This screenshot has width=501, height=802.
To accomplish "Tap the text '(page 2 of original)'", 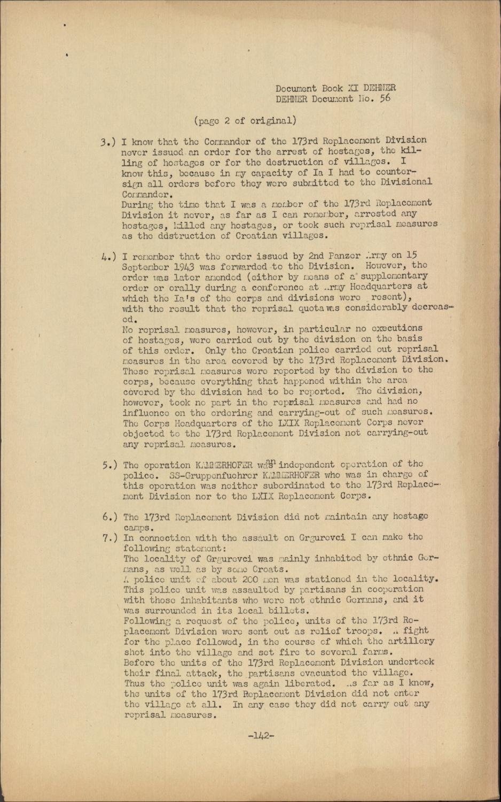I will (x=245, y=120).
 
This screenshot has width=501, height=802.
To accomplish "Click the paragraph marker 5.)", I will (x=111, y=465).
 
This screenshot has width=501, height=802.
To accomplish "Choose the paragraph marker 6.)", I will (x=111, y=517).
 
